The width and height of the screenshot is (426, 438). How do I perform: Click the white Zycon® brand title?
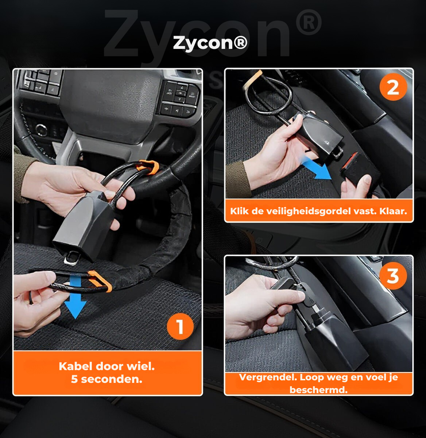click(x=210, y=43)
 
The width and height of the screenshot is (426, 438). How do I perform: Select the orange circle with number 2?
click(x=393, y=87)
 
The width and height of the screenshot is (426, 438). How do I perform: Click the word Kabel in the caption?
click(x=75, y=366)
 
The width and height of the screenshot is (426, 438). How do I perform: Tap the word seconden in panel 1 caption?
click(x=112, y=379)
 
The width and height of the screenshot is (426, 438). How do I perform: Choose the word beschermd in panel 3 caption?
click(x=318, y=390)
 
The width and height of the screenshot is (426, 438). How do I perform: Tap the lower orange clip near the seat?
click(x=99, y=281)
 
